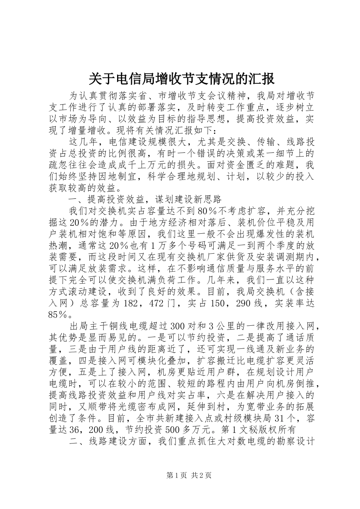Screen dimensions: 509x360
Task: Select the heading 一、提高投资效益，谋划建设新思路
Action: (144, 199)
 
